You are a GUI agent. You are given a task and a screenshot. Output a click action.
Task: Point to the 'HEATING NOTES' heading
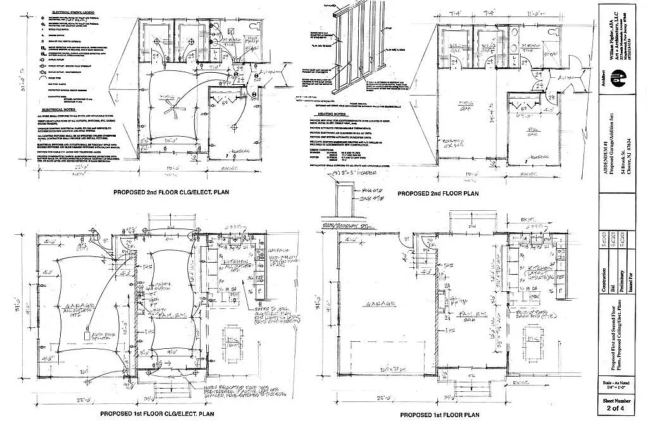[x=322, y=107]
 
